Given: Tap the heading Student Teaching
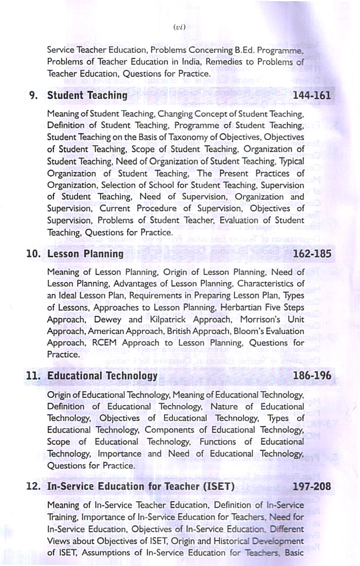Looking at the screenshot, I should [87, 95].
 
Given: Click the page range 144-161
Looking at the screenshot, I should [312, 95].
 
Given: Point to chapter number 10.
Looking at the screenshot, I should [33, 254].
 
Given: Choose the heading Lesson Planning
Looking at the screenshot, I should [85, 254].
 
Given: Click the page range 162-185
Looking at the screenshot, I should [312, 254].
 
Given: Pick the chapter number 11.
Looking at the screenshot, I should [33, 376].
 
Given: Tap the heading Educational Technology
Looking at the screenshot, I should [102, 376].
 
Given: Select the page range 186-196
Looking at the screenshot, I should [312, 376].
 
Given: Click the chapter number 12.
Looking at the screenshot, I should [33, 486].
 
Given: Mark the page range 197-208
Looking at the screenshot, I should [312, 486].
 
